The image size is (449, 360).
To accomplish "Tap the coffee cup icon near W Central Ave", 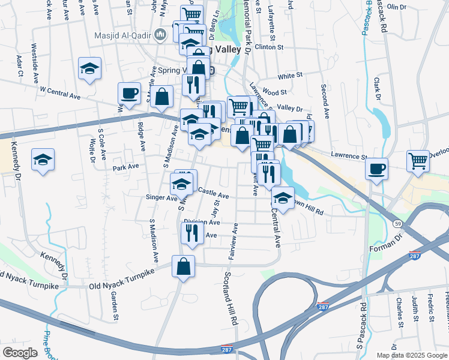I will coord(129,94).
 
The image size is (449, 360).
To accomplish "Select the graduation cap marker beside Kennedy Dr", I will coord(43,160).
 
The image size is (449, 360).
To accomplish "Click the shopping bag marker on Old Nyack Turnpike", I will coord(183,266).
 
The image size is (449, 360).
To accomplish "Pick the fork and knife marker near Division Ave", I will coord(191,232).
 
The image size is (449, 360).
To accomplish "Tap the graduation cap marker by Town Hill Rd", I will coord(282,197).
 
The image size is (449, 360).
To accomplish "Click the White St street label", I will coord(289,76).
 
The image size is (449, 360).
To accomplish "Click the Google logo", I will coord(20,353).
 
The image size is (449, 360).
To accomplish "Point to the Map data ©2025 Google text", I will coord(412,355).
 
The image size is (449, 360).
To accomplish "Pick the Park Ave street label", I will coord(125,166).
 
